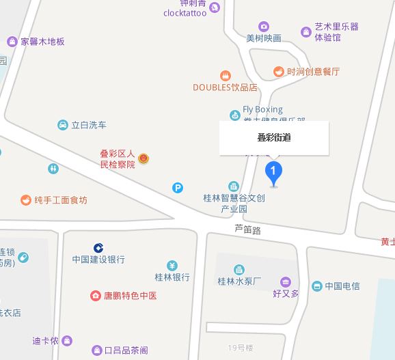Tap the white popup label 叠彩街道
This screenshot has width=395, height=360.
(x=273, y=138)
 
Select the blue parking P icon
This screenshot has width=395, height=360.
(x=178, y=188)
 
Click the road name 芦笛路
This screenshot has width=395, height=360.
(x=247, y=230)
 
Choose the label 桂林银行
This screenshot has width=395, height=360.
(x=172, y=277)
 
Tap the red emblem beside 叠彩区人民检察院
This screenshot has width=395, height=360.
(x=144, y=158)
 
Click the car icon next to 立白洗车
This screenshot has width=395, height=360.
(x=63, y=125)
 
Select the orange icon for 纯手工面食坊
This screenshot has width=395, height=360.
(x=25, y=200)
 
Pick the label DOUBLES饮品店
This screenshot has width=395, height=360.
(x=225, y=87)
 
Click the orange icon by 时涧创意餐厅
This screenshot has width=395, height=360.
(x=278, y=71)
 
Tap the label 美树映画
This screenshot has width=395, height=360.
(x=264, y=38)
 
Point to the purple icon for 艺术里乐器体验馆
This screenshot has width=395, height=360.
(x=305, y=31)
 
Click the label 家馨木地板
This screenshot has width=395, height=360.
(x=42, y=41)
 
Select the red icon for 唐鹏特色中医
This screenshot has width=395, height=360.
(x=96, y=296)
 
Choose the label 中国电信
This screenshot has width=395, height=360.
(x=342, y=286)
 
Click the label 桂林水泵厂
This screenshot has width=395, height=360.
(x=239, y=281)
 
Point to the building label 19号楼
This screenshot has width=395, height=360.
(x=241, y=348)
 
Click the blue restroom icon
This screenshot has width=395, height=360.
(x=53, y=168)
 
